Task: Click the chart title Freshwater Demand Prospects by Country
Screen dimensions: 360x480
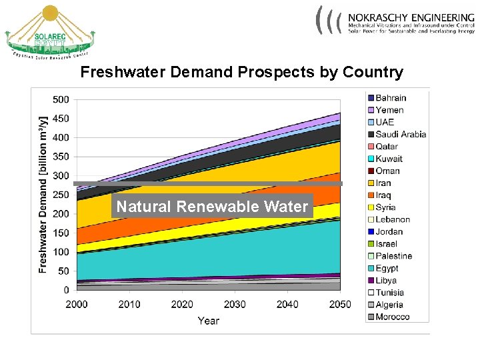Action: pos(241,72)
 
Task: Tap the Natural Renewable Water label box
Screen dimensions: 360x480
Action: pos(212,207)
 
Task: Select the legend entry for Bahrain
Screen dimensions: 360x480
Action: pos(390,98)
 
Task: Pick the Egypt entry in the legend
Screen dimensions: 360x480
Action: pos(386,268)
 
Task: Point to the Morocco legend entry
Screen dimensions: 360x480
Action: pos(392,317)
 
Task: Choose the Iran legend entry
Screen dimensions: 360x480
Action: pos(383,183)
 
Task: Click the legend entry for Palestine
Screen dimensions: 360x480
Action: pos(393,256)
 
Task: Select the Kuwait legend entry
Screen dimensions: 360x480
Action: pos(389,159)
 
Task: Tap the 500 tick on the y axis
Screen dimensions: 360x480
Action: pos(61,99)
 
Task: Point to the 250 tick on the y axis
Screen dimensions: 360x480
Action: pos(61,195)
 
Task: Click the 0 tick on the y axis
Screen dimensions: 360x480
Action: pos(66,290)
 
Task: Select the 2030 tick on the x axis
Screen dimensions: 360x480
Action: pos(234,304)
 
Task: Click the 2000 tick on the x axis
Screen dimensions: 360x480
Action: pos(77,304)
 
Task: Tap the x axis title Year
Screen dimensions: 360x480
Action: pos(208,321)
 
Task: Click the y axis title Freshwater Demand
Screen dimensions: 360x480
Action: pos(43,193)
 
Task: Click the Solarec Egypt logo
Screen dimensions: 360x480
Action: pos(50,33)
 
